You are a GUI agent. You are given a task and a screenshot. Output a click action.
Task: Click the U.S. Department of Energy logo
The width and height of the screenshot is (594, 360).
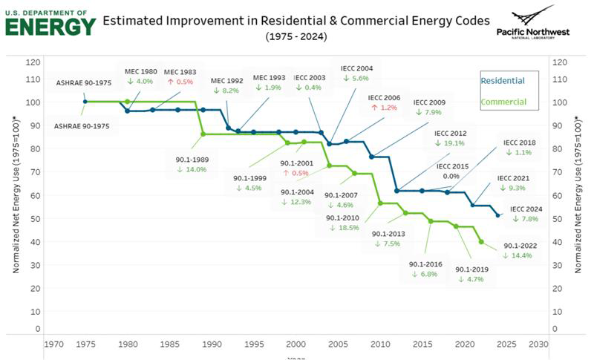tap(50, 22)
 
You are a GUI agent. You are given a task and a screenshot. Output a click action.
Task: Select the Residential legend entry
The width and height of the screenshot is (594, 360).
tap(502, 80)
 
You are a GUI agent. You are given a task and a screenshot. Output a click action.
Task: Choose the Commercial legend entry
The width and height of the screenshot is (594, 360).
tap(503, 102)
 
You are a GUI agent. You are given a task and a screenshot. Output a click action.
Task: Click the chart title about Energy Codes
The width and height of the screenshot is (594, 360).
tap(297, 20)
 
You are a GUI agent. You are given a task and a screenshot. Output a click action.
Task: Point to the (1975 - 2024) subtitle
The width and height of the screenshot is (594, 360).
tap(296, 36)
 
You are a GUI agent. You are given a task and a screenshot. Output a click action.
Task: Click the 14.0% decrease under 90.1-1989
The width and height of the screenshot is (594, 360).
tap(192, 169)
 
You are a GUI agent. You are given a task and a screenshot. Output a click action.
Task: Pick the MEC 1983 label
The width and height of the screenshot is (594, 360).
tap(180, 71)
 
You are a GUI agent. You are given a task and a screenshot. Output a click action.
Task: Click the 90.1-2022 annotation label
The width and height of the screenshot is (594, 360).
tap(520, 245)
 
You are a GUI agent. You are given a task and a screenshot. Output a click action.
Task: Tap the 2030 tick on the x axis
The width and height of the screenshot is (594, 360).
tap(538, 344)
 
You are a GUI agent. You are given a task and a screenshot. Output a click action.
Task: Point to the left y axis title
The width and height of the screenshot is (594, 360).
tap(15, 200)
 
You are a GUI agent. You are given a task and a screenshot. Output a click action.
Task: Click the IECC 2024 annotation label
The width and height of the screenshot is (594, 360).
tap(526, 209)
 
